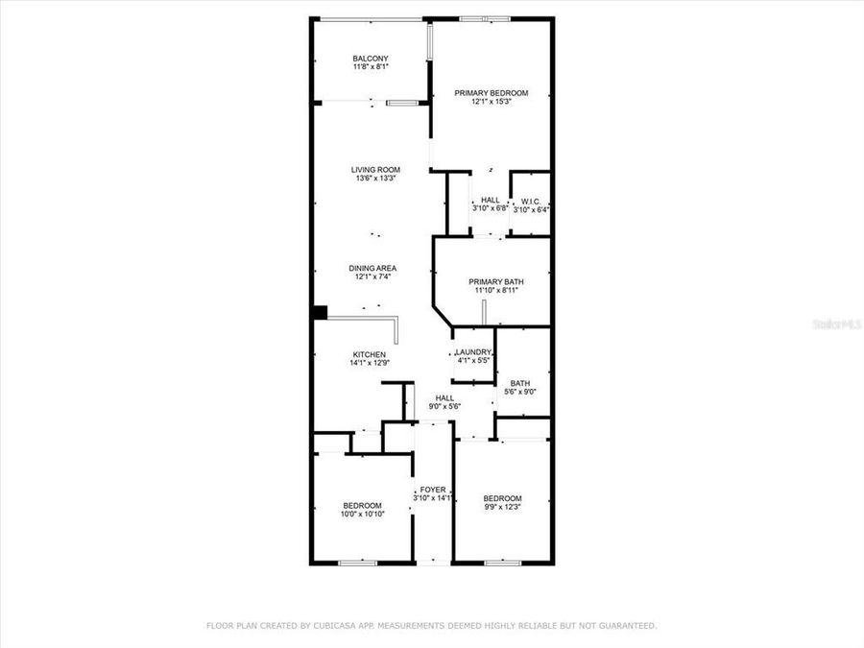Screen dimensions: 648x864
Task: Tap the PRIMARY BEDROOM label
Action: coord(491,93)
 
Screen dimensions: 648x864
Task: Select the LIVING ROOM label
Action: coord(374,170)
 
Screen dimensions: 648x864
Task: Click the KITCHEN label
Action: coord(368,355)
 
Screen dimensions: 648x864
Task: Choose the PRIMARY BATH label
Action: coord(496,281)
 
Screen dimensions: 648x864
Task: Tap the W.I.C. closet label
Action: coord(531,201)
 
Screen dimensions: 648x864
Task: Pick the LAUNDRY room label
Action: coord(473,352)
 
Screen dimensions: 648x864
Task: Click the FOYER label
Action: coord(432,490)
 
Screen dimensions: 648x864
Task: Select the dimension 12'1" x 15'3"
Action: coord(491,102)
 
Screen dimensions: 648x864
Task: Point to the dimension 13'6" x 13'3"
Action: coord(374,179)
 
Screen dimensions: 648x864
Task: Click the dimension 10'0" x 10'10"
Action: coord(362,515)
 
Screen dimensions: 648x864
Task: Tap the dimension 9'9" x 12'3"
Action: coord(502,507)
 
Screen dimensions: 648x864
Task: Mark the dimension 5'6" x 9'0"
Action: coord(520,392)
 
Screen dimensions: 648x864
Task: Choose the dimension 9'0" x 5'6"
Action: coord(444,406)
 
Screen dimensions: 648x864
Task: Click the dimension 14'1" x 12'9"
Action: coord(368,364)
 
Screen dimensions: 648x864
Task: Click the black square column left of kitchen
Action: coord(320,312)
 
